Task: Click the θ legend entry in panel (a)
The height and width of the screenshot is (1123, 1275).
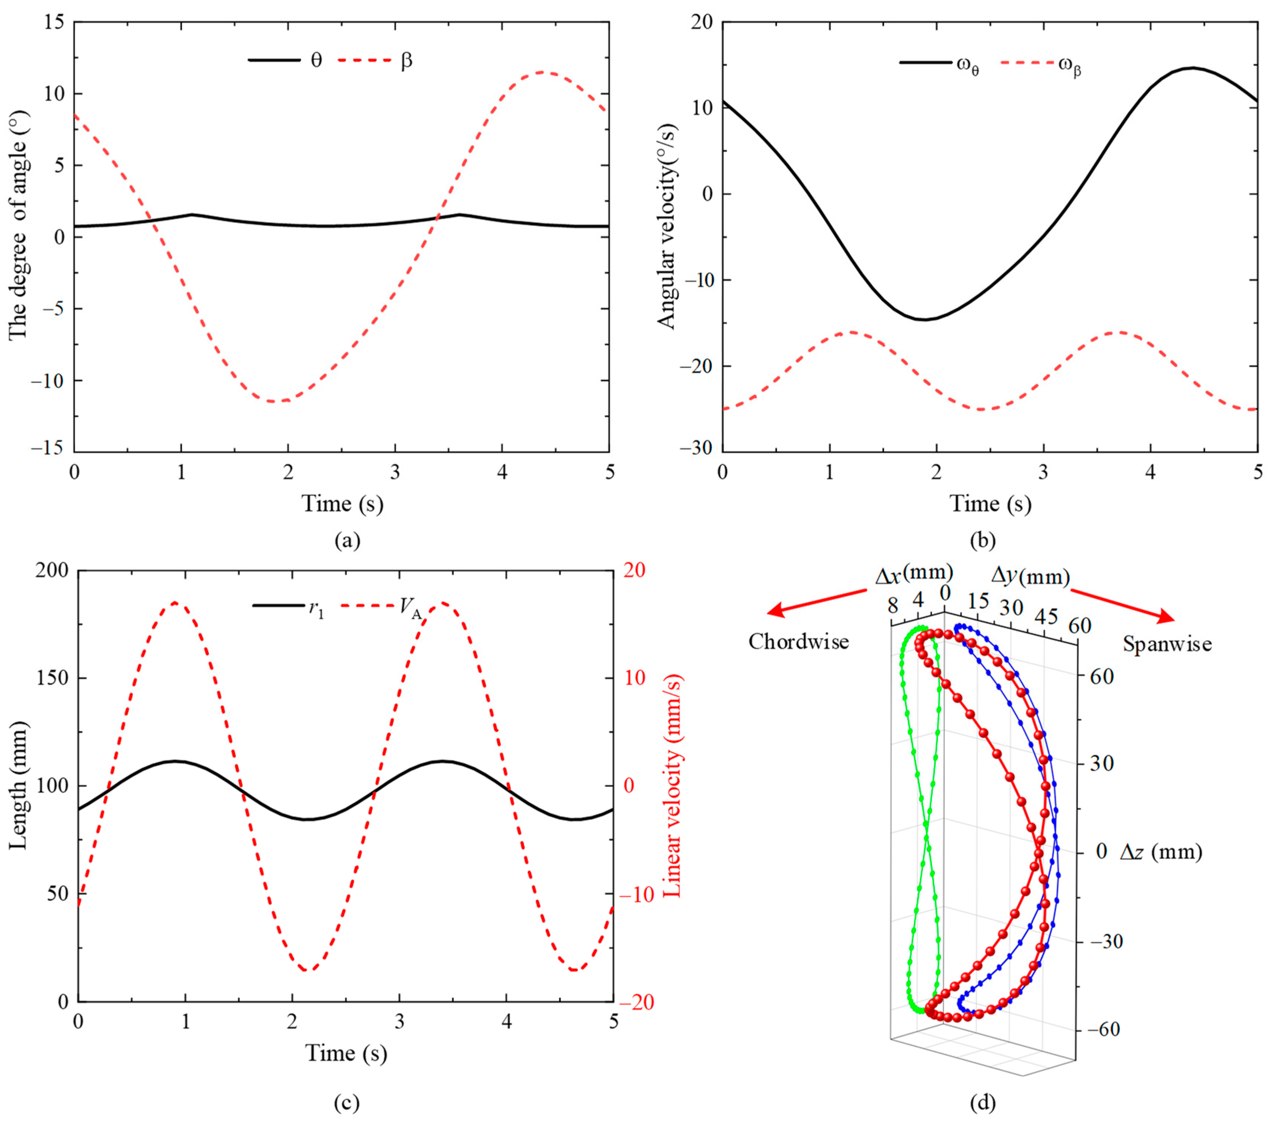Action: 316,61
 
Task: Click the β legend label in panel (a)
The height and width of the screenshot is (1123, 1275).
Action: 406,61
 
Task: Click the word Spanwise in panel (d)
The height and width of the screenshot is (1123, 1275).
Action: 1167,643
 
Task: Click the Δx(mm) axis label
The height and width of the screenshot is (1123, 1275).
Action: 914,574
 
